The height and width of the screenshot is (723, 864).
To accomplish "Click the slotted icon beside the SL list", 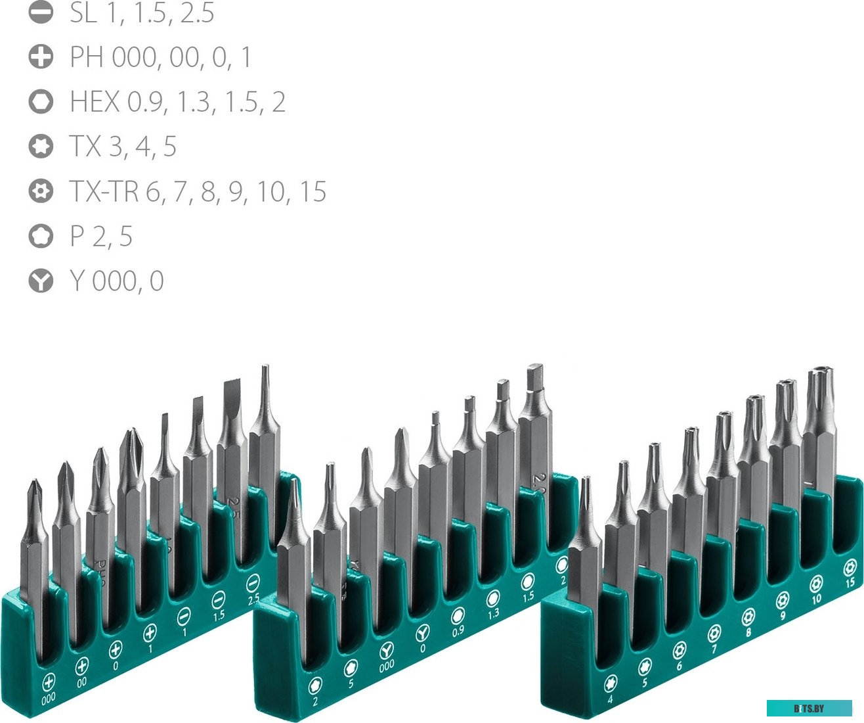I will tap(41, 12).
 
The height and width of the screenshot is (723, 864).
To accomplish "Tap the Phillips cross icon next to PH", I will tap(41, 57).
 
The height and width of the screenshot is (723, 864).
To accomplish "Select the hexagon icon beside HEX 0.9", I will tap(41, 102).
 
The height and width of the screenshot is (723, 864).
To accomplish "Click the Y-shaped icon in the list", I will tap(41, 281).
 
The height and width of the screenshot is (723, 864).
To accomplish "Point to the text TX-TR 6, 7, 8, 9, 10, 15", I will tap(198, 191).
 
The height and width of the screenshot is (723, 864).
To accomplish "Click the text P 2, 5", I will tap(101, 236).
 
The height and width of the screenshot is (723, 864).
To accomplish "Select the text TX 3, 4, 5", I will tap(123, 147).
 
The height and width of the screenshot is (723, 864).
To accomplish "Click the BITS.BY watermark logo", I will tap(809, 709).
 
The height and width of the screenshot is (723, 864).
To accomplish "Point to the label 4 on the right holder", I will tap(611, 700).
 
